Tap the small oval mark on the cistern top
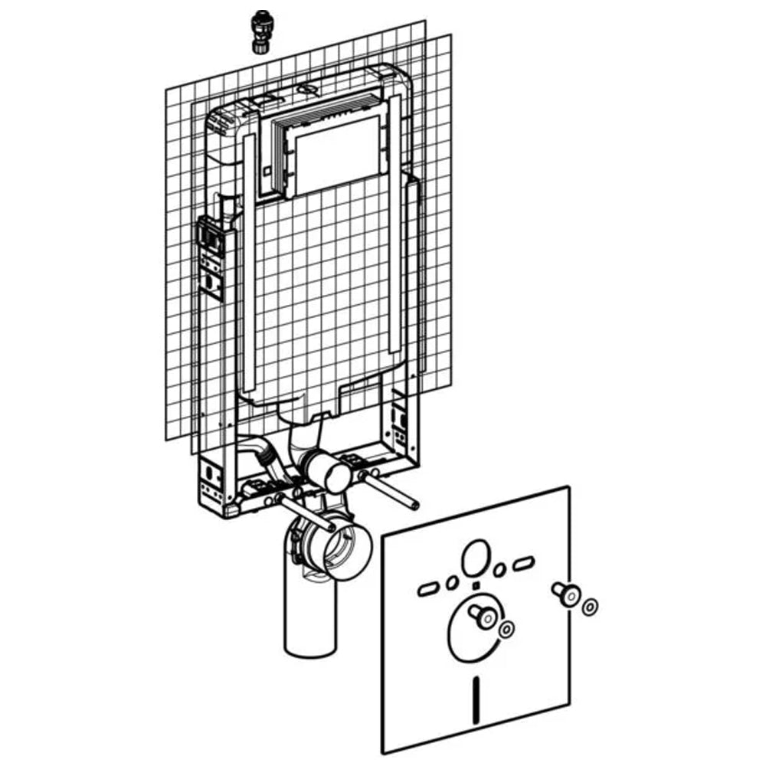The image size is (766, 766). tap(309, 90)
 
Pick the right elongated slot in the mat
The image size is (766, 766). tap(524, 565)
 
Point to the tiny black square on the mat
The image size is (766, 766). tap(476, 586)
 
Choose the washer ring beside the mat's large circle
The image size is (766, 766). tap(506, 629)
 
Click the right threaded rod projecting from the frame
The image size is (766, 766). tap(391, 491)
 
